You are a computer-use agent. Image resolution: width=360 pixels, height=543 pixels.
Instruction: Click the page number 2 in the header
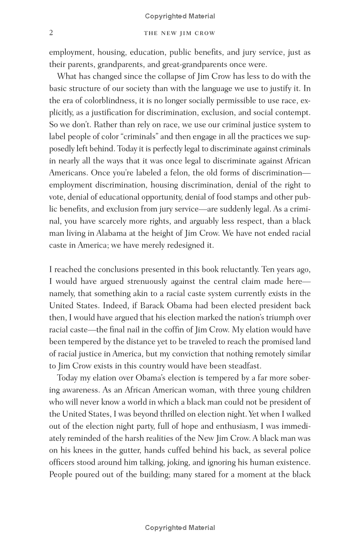51,33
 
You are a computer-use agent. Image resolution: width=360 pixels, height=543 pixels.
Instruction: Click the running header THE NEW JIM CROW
180,33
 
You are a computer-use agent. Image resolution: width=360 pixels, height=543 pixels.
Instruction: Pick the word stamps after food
251,197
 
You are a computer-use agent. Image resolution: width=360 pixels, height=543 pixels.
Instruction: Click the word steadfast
243,366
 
